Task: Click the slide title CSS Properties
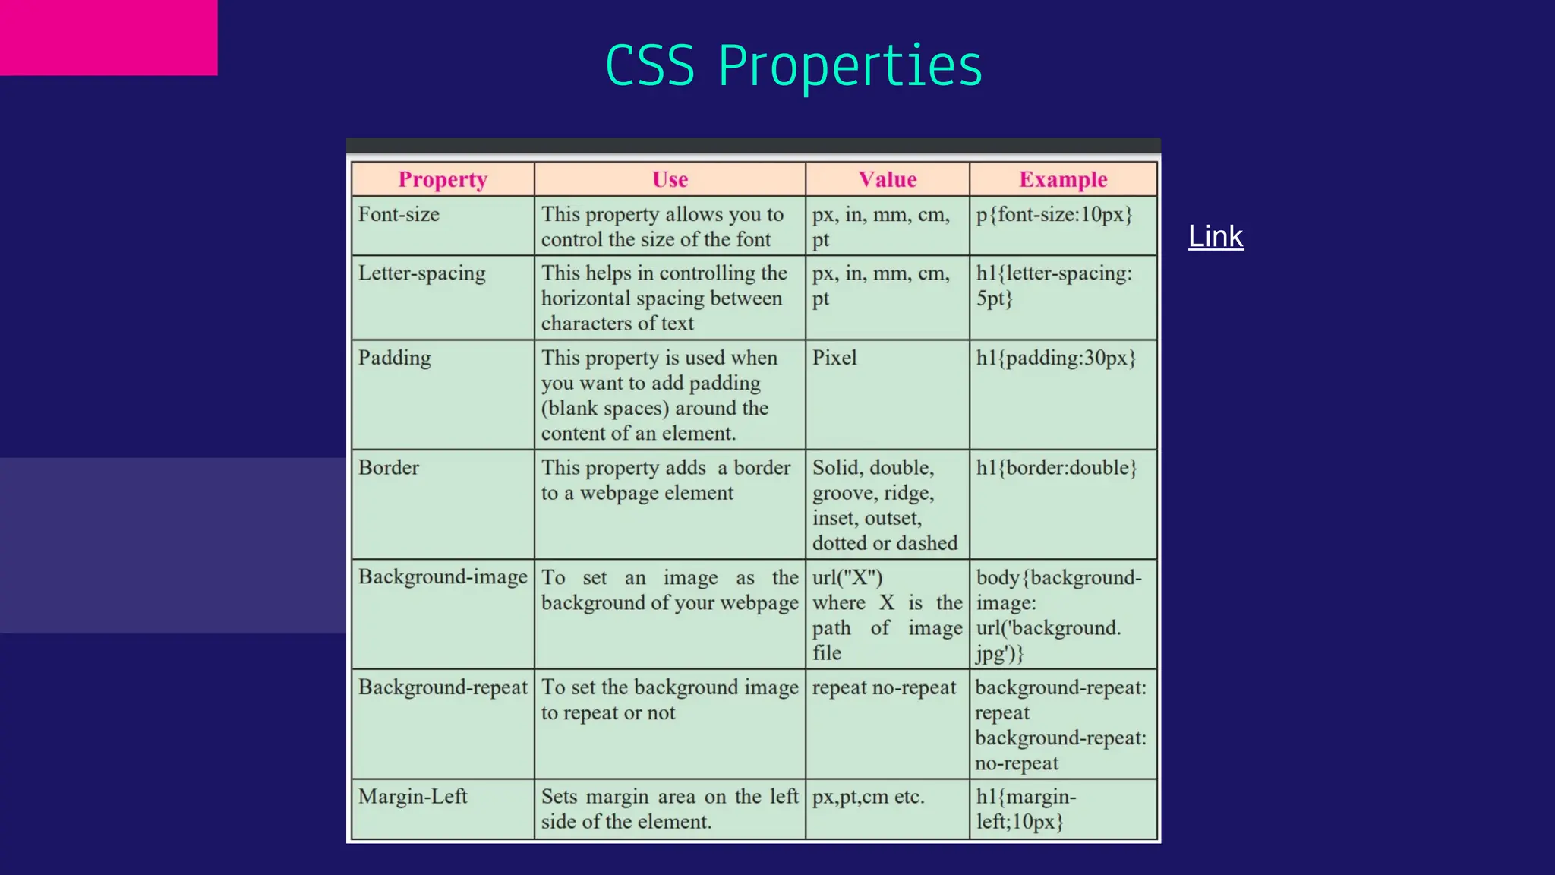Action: tap(793, 65)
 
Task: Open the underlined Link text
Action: tap(1216, 236)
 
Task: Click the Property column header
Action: tap(443, 179)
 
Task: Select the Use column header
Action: tap(670, 179)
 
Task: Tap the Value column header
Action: tap(887, 179)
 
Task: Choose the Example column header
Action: tap(1063, 179)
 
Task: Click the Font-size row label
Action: tap(399, 214)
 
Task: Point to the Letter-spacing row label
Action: tap(422, 273)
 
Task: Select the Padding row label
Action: tap(394, 358)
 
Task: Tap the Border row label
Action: tap(389, 467)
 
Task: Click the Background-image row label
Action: tap(443, 576)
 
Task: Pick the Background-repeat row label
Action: tap(443, 687)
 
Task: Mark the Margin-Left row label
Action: tap(413, 796)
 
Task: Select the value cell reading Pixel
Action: tap(834, 358)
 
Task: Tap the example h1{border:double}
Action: tap(1056, 468)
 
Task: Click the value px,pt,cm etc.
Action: tap(868, 797)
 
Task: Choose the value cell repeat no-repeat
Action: tap(884, 687)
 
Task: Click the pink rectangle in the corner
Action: tap(109, 37)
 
